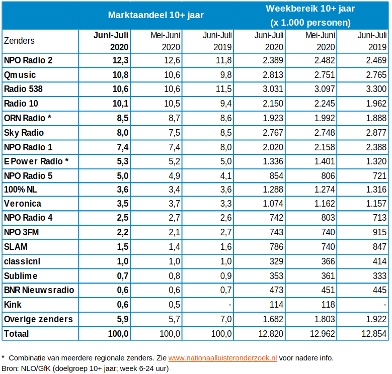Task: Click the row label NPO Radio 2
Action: (28, 60)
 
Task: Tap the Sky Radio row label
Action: (24, 133)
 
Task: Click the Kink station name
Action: (13, 305)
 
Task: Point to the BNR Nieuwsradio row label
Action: (39, 291)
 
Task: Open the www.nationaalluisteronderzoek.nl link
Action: (222, 358)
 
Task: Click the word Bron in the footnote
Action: (10, 368)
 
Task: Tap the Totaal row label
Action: (16, 334)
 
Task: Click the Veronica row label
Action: (22, 204)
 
